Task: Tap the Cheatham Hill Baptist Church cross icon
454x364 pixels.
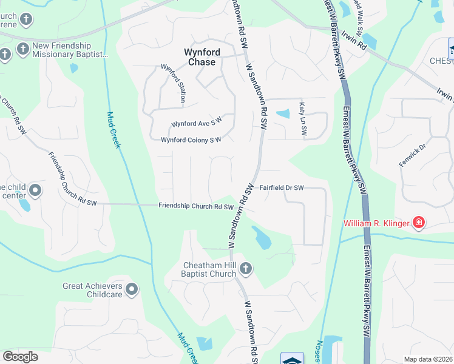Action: click(x=246, y=268)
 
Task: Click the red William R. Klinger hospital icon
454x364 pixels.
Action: click(x=418, y=223)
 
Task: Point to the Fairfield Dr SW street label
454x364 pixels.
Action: click(x=282, y=188)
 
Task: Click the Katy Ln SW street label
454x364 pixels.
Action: click(x=303, y=119)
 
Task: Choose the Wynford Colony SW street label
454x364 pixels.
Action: click(x=191, y=140)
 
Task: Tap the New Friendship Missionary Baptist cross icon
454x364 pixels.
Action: click(x=23, y=49)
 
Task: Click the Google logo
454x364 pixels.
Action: click(x=21, y=356)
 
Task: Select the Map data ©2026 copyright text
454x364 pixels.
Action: click(x=428, y=359)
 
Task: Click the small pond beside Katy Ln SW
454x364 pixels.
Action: click(x=283, y=113)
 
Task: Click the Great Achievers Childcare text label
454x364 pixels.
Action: click(x=93, y=290)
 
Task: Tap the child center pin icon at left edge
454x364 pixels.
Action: click(x=35, y=191)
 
